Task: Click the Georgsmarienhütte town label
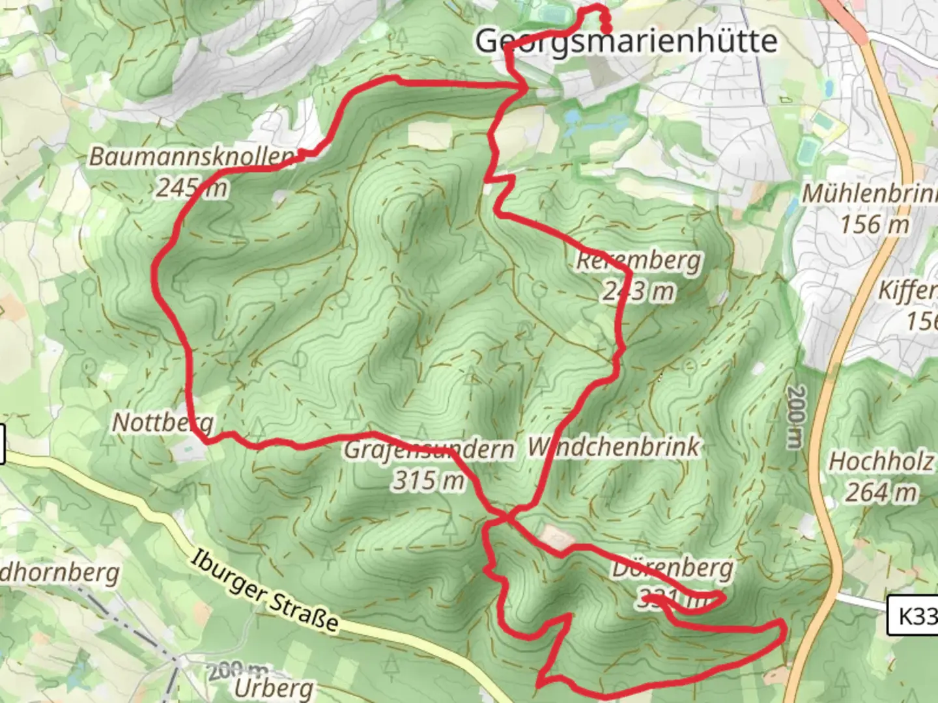point(626,41)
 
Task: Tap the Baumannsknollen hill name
point(191,157)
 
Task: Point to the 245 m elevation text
point(192,187)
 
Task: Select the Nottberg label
point(163,422)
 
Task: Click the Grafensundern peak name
point(429,449)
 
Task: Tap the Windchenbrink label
point(614,447)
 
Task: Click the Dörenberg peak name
point(672,568)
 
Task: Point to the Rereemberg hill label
point(638,261)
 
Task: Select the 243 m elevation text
point(638,291)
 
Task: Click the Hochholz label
point(881,462)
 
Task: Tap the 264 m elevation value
point(881,492)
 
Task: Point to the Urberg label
point(274,687)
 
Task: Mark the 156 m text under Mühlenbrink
point(874,225)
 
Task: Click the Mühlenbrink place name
point(870,193)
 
